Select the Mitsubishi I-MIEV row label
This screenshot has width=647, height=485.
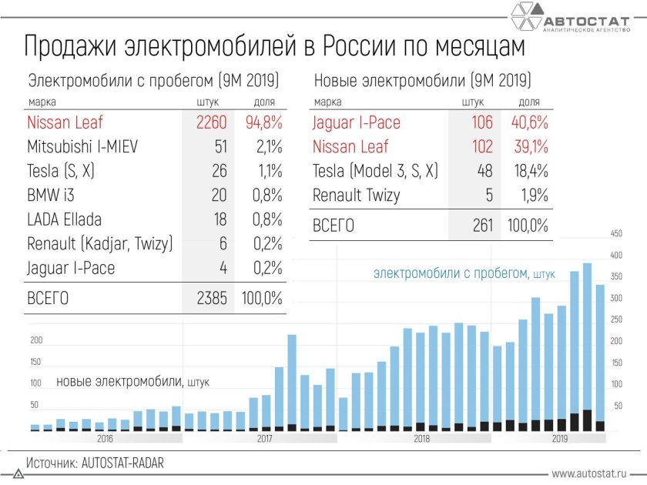coord(82,146)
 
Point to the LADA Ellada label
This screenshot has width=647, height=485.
coord(65,219)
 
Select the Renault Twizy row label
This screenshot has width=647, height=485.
coord(357,195)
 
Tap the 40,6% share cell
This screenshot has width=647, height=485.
coord(529,122)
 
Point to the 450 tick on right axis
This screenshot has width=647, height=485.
coord(615,233)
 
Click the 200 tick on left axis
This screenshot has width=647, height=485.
coord(35,340)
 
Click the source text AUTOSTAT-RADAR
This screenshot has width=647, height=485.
coord(96,464)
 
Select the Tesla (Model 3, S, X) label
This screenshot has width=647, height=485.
coord(375,171)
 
